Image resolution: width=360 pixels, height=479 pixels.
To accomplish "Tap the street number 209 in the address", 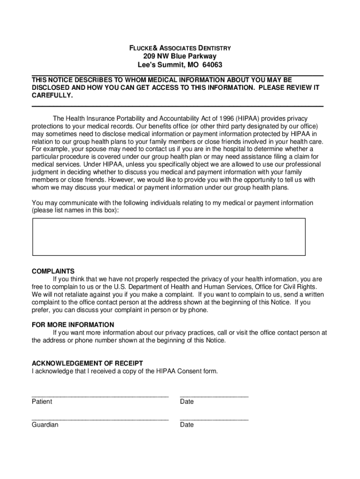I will tap(150, 57).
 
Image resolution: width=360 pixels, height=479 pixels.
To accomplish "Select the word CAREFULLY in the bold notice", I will tap(52, 95).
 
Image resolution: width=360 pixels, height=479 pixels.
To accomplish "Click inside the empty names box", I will tap(168, 237).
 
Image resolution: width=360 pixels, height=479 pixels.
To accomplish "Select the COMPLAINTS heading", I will tap(53, 271).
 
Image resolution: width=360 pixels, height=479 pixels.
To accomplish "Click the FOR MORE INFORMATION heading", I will tap(72, 325).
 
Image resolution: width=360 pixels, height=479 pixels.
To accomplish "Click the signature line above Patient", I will tap(100, 396).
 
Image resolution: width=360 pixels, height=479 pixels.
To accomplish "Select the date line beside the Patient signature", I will tap(214, 396).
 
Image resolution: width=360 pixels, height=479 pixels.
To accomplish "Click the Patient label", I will tap(42, 402).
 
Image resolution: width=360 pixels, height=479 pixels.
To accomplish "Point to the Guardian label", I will tap(45, 425).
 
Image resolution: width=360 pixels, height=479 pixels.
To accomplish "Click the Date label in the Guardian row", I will tap(187, 425).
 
